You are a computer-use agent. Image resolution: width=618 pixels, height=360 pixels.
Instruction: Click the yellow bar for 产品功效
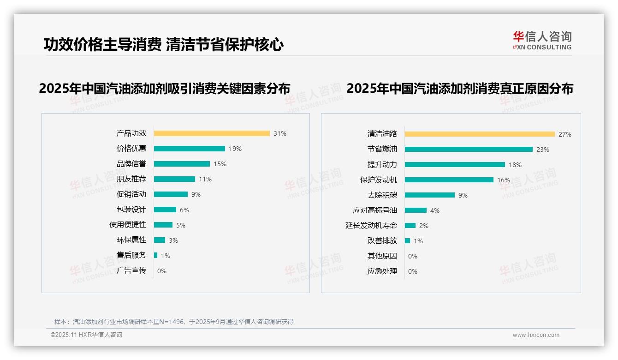click(x=212, y=133)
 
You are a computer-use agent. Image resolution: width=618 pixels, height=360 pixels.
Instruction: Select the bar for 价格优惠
click(x=190, y=149)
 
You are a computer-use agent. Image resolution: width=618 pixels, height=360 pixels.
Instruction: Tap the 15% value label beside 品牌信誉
click(x=220, y=164)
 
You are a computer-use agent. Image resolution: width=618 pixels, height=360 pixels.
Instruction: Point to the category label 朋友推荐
click(x=131, y=179)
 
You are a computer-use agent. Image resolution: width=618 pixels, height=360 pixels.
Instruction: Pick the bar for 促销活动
click(x=171, y=194)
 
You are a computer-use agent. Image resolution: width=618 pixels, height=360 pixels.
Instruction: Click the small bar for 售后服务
click(x=156, y=255)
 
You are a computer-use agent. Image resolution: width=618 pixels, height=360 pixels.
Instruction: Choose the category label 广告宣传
click(x=131, y=270)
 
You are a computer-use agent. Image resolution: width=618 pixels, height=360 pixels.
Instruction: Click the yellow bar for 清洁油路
click(x=480, y=134)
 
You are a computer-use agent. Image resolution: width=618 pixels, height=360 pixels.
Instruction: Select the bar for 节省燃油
click(x=469, y=150)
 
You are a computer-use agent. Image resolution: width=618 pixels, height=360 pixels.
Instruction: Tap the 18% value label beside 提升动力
click(x=515, y=165)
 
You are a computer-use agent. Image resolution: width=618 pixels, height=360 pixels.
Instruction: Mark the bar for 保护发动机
click(x=449, y=180)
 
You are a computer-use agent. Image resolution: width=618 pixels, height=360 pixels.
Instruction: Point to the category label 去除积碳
click(x=382, y=195)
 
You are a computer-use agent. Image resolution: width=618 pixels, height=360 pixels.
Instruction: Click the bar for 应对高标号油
click(x=416, y=210)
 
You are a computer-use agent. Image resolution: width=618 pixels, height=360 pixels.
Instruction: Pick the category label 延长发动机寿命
click(x=371, y=226)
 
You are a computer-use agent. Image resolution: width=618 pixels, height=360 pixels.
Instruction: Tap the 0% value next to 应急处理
click(x=413, y=271)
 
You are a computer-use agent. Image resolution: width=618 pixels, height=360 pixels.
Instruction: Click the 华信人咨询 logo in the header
click(x=542, y=40)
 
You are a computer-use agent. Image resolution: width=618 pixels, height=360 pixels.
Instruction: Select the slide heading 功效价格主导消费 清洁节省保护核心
click(x=164, y=44)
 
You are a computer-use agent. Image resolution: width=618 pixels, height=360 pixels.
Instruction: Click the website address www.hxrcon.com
click(x=536, y=335)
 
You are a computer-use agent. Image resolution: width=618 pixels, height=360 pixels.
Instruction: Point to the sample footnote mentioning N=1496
click(x=174, y=322)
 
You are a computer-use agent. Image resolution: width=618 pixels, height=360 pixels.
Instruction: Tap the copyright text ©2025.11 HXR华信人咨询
click(x=87, y=335)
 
